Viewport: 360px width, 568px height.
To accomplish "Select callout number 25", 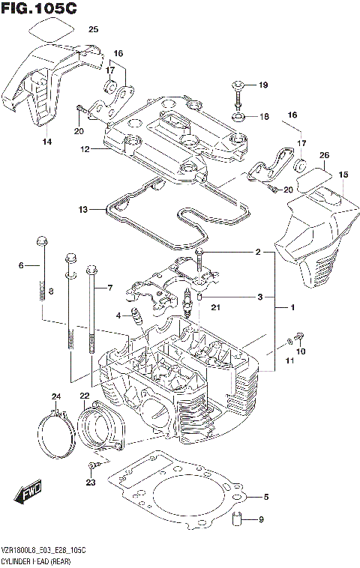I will click(93, 30).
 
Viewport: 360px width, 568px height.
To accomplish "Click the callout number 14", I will click(46, 142).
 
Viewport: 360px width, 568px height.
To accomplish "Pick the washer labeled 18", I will click(239, 116).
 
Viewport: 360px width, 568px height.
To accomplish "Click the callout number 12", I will click(85, 149).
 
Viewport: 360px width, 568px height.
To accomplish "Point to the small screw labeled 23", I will click(91, 468).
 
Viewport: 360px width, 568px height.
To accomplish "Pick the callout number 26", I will click(324, 156).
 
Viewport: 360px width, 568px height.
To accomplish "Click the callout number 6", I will click(22, 265).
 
